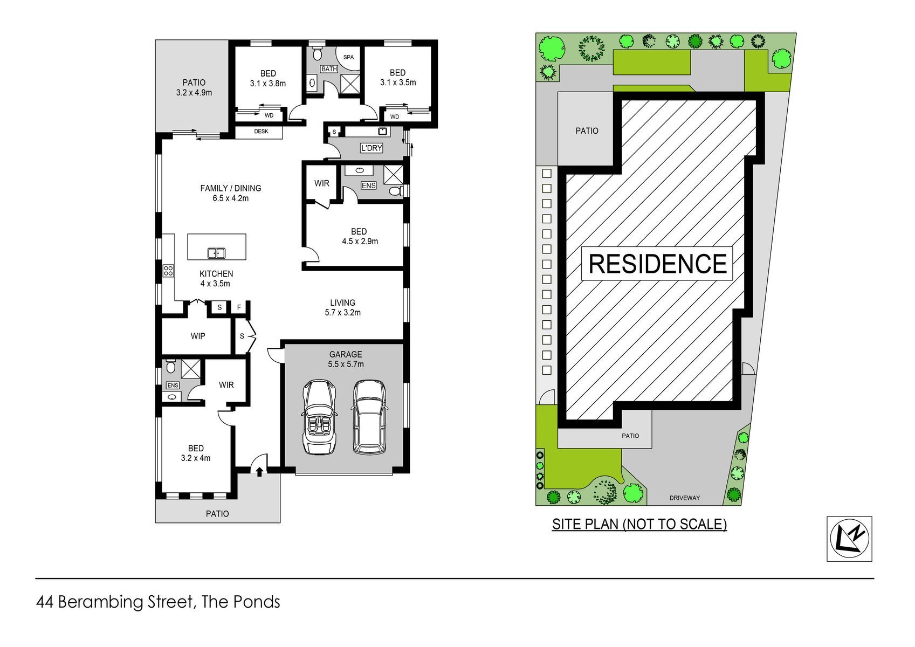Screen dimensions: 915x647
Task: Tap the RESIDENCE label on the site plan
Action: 657,264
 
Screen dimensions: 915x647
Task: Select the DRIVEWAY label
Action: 685,498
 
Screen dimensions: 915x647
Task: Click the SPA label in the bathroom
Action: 348,57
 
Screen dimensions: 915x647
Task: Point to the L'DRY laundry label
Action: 371,148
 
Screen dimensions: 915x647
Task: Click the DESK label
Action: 262,131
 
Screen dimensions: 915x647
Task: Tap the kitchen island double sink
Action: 217,253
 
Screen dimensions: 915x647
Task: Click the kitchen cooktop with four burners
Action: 168,271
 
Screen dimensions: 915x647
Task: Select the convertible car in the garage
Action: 319,417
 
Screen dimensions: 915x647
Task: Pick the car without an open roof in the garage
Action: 369,417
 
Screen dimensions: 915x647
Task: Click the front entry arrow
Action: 259,472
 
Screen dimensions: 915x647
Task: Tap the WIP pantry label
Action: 198,336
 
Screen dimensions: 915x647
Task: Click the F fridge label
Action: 239,307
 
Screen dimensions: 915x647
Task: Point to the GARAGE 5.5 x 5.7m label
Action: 346,359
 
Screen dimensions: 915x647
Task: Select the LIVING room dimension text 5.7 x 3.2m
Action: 343,313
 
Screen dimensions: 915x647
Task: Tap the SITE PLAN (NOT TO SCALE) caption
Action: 639,524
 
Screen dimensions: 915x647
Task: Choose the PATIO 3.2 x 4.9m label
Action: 194,87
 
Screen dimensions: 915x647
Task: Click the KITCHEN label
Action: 216,274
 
